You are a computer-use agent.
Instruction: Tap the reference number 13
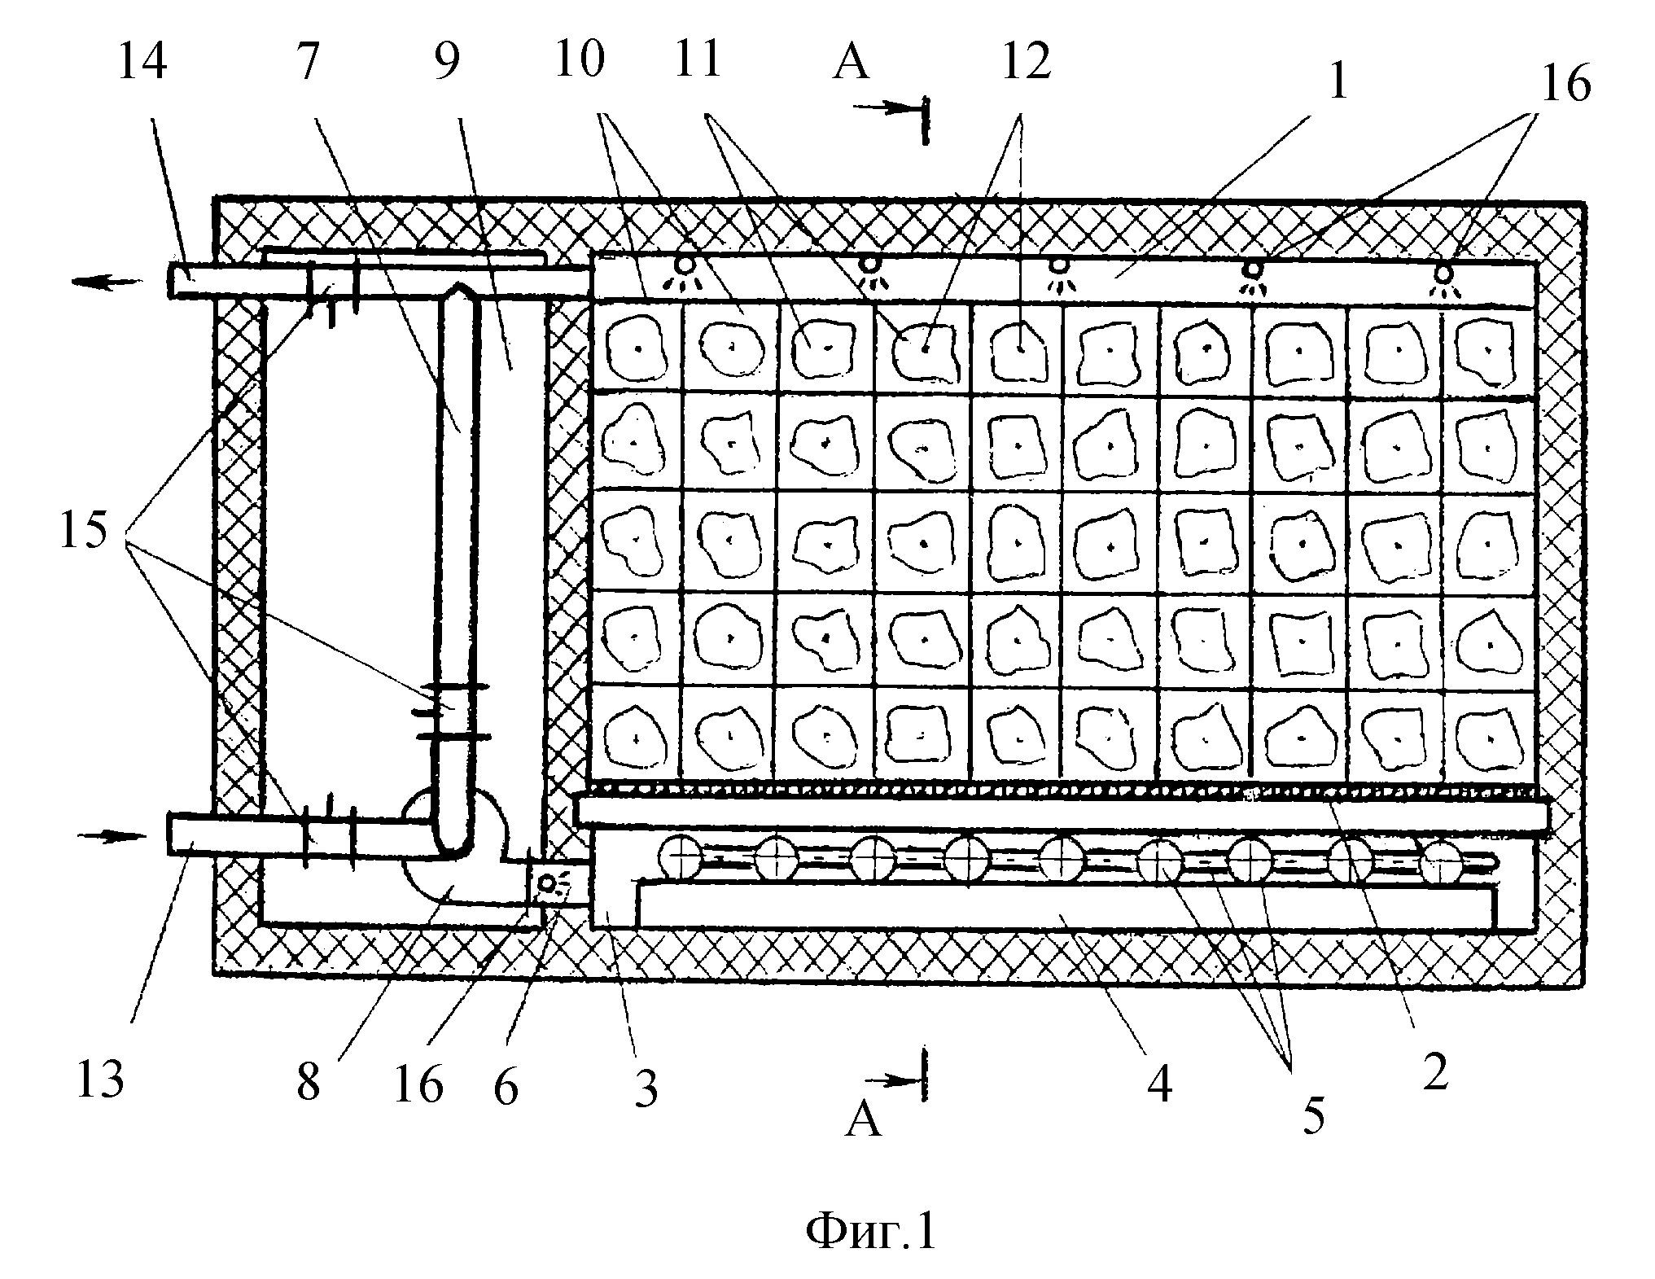(x=100, y=1079)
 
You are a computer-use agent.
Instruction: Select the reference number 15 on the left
(x=83, y=530)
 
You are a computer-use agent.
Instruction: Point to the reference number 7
(x=307, y=62)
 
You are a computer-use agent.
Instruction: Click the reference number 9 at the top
(x=447, y=62)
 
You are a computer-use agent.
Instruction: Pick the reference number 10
(x=580, y=59)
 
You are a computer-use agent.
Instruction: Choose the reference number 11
(x=699, y=59)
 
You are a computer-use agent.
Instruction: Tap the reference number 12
(x=1027, y=62)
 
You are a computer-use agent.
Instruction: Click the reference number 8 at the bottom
(x=308, y=1082)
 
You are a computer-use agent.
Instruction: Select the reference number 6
(x=506, y=1087)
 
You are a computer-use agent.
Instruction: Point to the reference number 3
(x=646, y=1088)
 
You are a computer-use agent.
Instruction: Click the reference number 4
(x=1159, y=1084)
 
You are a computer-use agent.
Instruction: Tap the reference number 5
(x=1313, y=1116)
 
